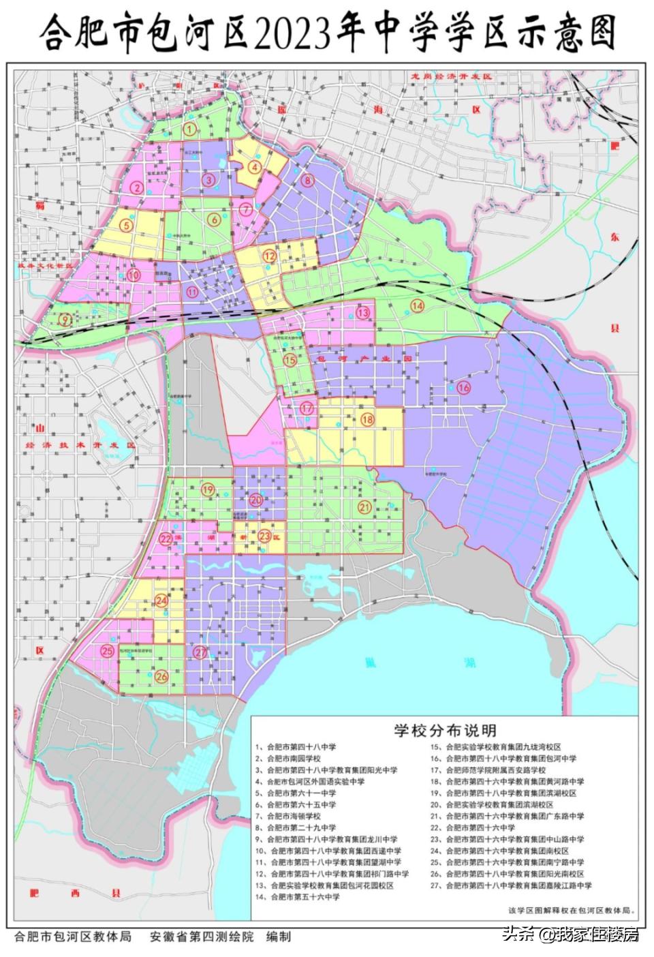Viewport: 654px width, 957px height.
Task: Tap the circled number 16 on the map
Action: (464, 387)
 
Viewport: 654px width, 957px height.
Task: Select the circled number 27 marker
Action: (200, 652)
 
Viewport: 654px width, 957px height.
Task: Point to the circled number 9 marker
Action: (65, 318)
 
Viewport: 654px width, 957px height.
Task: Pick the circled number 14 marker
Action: (417, 306)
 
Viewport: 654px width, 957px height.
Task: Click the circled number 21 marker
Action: (364, 506)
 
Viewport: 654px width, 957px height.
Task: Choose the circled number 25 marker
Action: (107, 651)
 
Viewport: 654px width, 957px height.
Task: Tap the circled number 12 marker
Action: (270, 256)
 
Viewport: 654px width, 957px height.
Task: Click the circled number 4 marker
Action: (255, 166)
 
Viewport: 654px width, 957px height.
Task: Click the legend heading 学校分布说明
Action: (444, 731)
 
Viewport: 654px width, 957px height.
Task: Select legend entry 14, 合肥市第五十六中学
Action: (305, 897)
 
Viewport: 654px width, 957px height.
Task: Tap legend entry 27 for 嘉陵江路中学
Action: (519, 885)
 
